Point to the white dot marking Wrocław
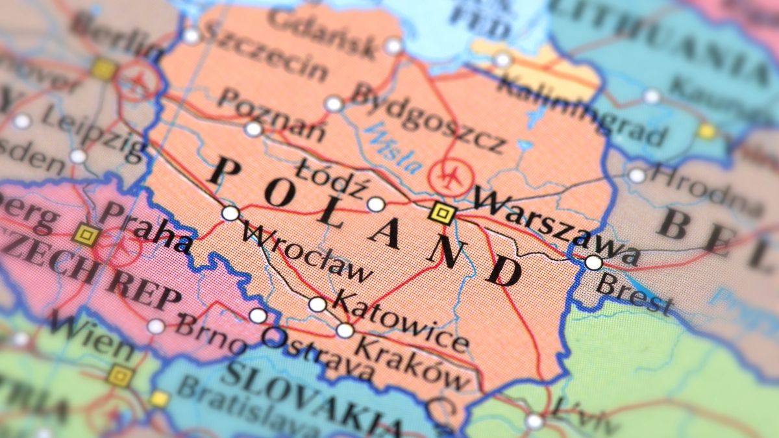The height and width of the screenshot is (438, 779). (230, 213)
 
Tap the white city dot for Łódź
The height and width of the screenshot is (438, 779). (376, 204)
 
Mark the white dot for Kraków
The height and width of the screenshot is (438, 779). (345, 330)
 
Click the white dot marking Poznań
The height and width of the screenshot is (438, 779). (253, 129)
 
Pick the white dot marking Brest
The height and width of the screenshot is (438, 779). (593, 262)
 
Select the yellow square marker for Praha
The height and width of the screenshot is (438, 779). (86, 235)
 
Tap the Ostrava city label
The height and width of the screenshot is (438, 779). (317, 353)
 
